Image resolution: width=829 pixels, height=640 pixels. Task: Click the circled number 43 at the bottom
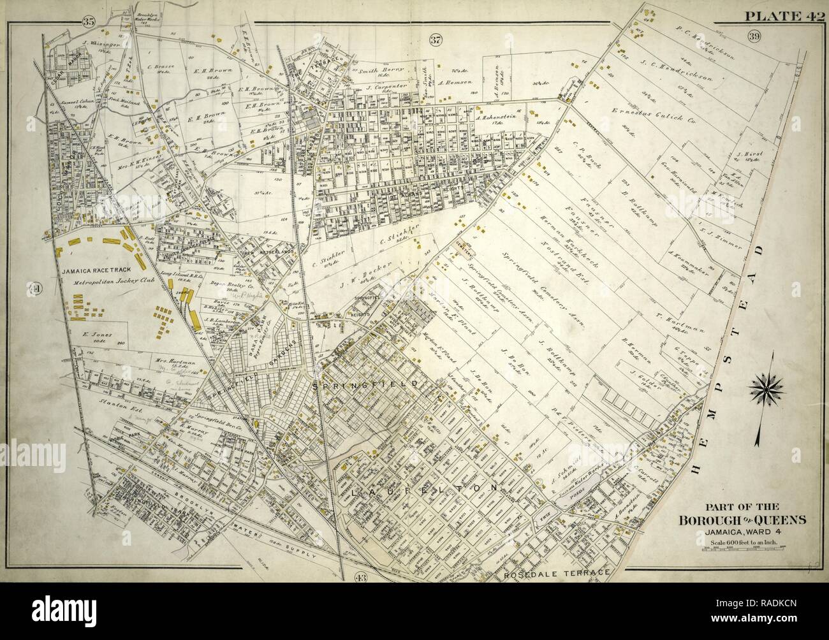[x=358, y=577]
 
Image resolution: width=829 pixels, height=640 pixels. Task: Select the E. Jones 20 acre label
[x=93, y=333]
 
